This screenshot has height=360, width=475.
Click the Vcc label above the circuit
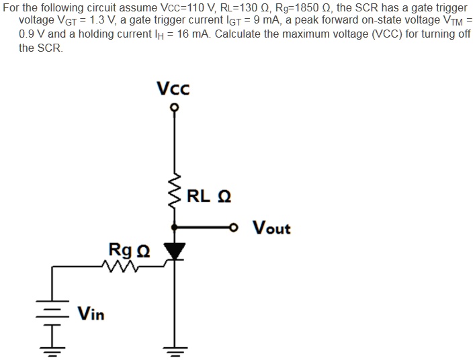point(173,89)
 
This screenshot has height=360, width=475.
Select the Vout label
point(271,228)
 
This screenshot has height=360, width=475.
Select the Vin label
point(91,314)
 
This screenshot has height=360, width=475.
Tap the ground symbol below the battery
point(53,349)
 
